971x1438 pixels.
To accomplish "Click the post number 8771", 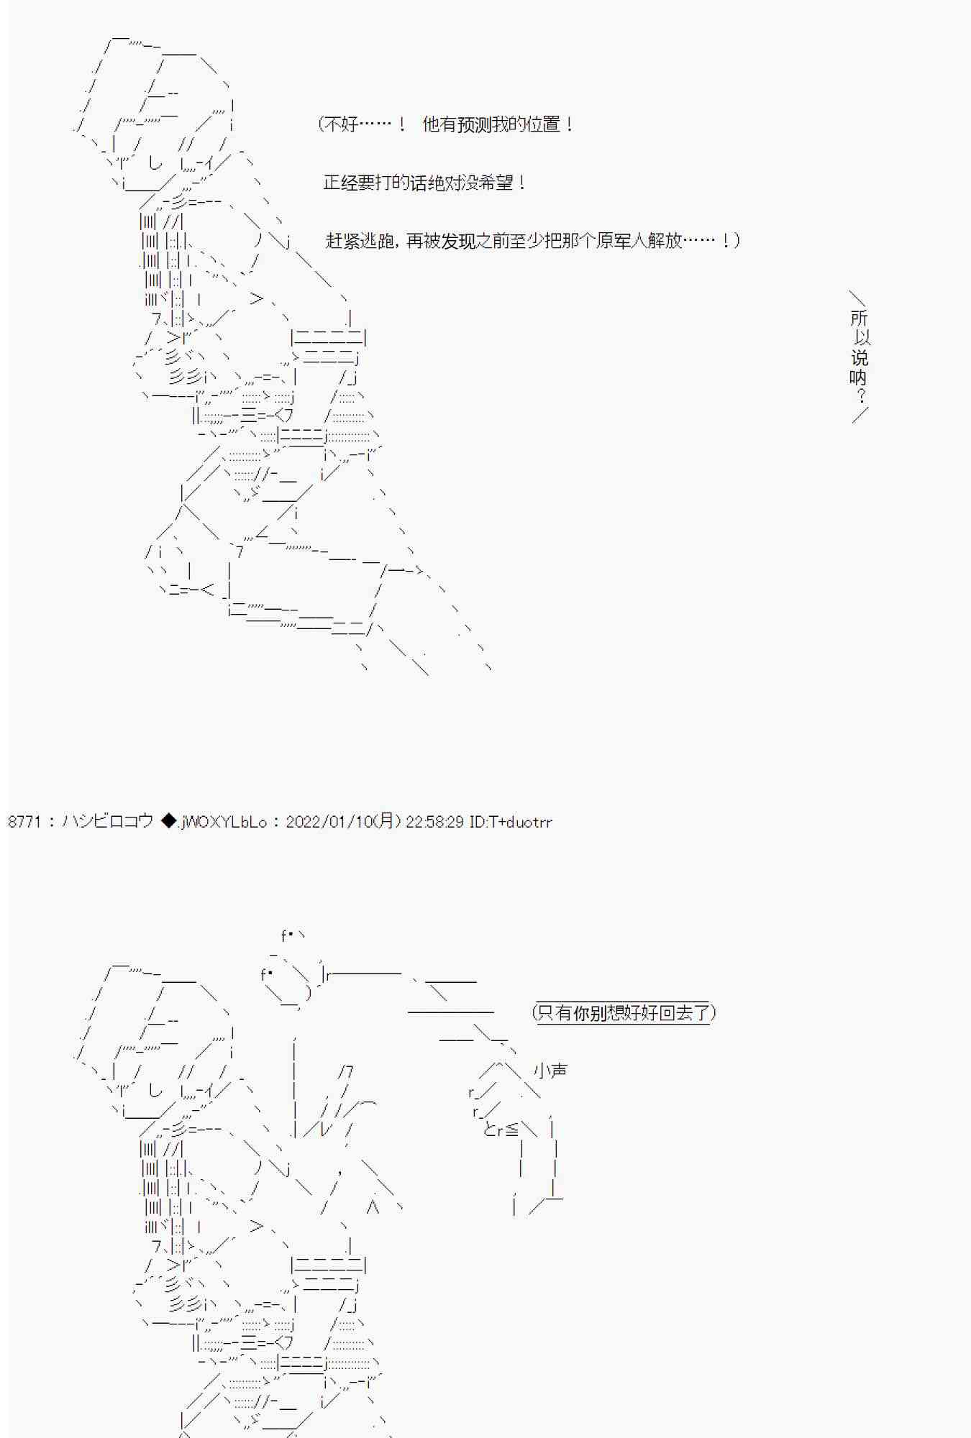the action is pyautogui.click(x=24, y=821).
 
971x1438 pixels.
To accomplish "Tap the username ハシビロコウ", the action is pyautogui.click(x=107, y=821).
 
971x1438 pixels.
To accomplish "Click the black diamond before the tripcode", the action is pyautogui.click(x=168, y=821).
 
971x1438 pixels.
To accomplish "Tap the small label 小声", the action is pyautogui.click(x=550, y=1071).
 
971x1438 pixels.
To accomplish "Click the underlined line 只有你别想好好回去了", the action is pyautogui.click(x=623, y=1013).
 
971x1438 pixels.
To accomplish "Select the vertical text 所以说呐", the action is pyautogui.click(x=860, y=347).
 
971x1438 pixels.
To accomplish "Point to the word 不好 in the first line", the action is pyautogui.click(x=341, y=124).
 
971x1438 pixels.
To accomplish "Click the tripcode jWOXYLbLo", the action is pyautogui.click(x=224, y=822).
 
